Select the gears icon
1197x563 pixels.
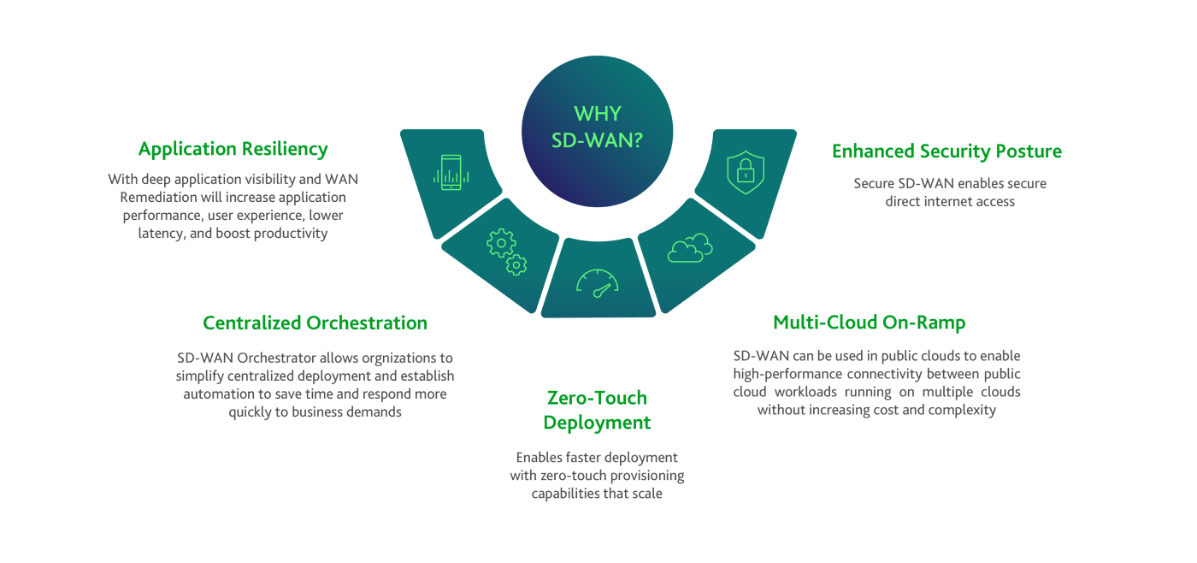tap(506, 252)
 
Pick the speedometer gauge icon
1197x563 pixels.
tap(597, 283)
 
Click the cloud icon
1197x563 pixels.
tap(690, 249)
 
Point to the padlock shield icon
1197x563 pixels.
tap(745, 170)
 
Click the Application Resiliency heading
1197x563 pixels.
tap(233, 149)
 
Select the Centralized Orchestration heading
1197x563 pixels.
tap(315, 323)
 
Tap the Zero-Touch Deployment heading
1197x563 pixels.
tap(597, 410)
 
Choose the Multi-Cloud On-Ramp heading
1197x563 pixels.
tap(869, 323)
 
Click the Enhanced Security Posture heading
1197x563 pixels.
tap(946, 151)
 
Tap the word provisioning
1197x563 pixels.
tap(643, 476)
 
